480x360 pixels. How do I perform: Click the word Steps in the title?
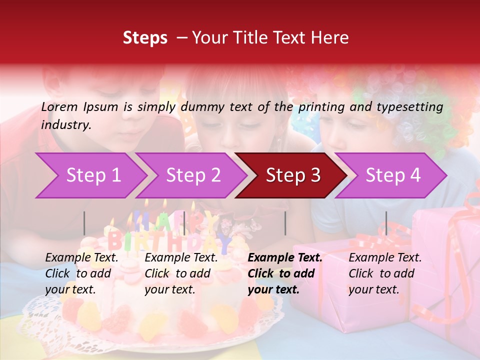145,38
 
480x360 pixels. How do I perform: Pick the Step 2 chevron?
193,175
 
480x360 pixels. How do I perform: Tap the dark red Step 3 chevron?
292,175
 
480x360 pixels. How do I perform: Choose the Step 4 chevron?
392,175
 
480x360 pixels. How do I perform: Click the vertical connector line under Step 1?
84,223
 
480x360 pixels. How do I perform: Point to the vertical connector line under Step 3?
285,223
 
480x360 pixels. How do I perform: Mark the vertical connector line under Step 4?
386,223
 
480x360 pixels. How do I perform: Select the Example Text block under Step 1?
82,273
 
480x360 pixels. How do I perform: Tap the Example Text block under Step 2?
181,273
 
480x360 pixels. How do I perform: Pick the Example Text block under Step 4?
385,273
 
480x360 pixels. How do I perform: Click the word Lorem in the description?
59,107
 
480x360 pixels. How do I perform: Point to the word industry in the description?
66,125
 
